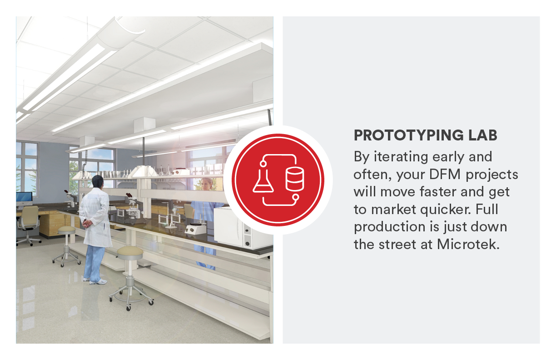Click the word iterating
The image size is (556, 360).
[400, 157]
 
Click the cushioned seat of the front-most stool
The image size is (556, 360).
[130, 251]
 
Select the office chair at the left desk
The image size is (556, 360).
[30, 223]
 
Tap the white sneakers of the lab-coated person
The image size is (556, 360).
[97, 282]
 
